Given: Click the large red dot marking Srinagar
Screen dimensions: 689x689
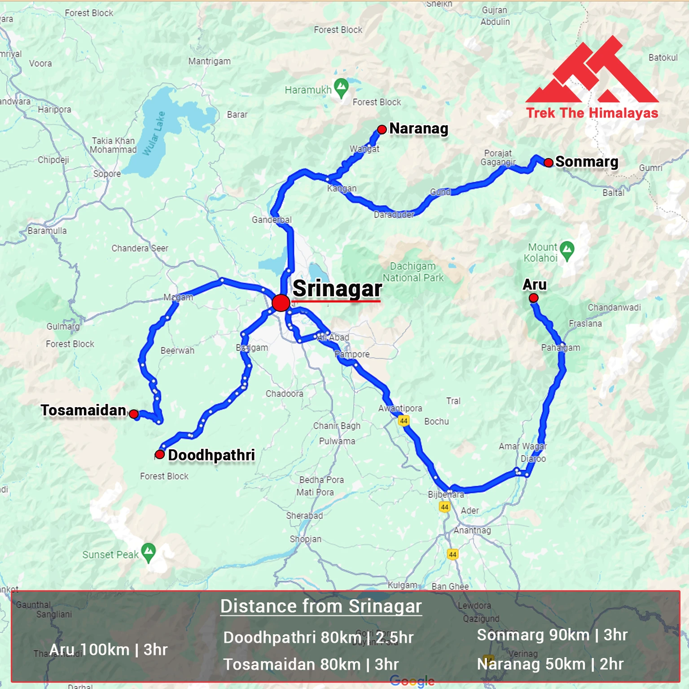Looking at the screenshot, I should tap(281, 303).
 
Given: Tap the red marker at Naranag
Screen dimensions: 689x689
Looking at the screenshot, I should tap(382, 130).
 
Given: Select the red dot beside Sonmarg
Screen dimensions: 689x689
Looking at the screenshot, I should tap(549, 162).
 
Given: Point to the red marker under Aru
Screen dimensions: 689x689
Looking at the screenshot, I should tap(534, 298).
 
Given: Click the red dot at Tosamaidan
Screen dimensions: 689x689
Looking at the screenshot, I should tap(134, 414).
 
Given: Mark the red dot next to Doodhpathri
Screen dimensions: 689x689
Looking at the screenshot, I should tap(160, 454).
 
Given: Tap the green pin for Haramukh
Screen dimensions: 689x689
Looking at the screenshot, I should tap(342, 88).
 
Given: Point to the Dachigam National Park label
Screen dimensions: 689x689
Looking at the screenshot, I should tap(413, 272).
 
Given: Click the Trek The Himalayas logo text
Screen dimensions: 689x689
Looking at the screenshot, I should tap(592, 113).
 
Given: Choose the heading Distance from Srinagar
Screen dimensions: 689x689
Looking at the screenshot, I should tap(321, 606).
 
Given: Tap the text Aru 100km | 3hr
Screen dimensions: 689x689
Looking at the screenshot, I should tap(109, 650).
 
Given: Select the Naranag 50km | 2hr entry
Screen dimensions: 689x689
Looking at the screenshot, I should tap(550, 664).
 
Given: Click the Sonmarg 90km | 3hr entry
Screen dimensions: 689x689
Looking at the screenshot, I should tap(552, 635).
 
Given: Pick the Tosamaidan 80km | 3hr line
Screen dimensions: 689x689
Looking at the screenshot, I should tap(311, 664).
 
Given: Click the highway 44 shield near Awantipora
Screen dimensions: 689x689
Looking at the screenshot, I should tap(404, 421).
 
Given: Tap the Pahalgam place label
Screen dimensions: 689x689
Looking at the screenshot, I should tap(561, 347).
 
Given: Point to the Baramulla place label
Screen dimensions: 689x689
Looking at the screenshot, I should tap(47, 231).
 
